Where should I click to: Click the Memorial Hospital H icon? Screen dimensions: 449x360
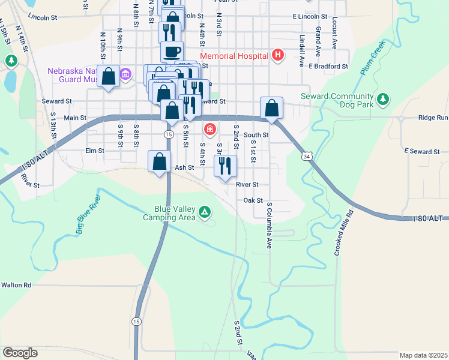click(x=277, y=56)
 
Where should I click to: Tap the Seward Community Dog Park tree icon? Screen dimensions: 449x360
click(x=382, y=99)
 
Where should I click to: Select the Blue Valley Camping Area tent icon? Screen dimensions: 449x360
click(x=205, y=212)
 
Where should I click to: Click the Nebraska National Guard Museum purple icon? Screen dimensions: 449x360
click(x=125, y=74)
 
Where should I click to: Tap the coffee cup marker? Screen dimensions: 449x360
click(x=172, y=52)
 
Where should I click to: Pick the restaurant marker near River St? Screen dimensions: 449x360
click(x=225, y=166)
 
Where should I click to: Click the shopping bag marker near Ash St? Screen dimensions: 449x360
click(x=159, y=162)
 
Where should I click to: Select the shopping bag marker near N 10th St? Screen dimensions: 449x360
click(x=109, y=77)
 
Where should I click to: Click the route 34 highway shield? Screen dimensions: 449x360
click(x=307, y=156)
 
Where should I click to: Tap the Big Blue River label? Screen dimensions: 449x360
click(x=88, y=213)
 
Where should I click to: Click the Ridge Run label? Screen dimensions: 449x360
click(x=433, y=118)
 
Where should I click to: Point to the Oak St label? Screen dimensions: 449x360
click(x=254, y=200)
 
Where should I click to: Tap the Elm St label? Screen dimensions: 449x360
click(x=95, y=151)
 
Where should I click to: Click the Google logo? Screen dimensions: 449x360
click(x=20, y=353)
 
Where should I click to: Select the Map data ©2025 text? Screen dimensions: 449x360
click(x=423, y=355)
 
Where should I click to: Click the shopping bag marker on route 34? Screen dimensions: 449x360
click(x=272, y=109)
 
